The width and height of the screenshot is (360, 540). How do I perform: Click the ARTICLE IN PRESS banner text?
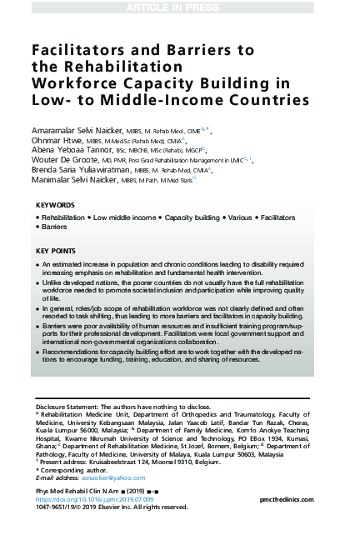[x=179, y=7]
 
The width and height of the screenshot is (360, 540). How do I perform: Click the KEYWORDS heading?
[x=56, y=205]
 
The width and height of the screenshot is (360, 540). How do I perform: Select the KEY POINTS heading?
[x=57, y=251]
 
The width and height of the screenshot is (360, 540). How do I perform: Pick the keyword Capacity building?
[x=191, y=217]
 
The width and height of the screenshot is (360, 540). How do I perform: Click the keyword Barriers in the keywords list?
[x=54, y=227]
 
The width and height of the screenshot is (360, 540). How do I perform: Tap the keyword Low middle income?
[x=125, y=217]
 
